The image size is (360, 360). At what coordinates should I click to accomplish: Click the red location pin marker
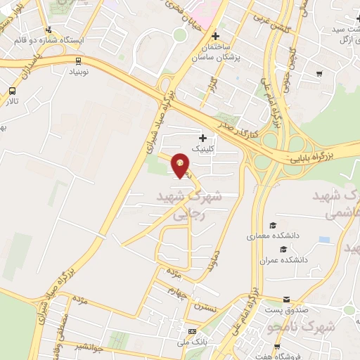pyautogui.click(x=181, y=165)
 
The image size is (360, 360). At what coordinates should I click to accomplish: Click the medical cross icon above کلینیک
pyautogui.click(x=204, y=138)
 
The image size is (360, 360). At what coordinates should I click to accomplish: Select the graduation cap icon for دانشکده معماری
pyautogui.click(x=272, y=226)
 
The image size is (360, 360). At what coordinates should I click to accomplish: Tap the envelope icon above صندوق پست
pyautogui.click(x=285, y=300)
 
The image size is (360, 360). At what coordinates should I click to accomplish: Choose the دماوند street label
pyautogui.click(x=214, y=262)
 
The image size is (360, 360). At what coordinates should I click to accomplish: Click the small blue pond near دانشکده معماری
pyautogui.click(x=323, y=240)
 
